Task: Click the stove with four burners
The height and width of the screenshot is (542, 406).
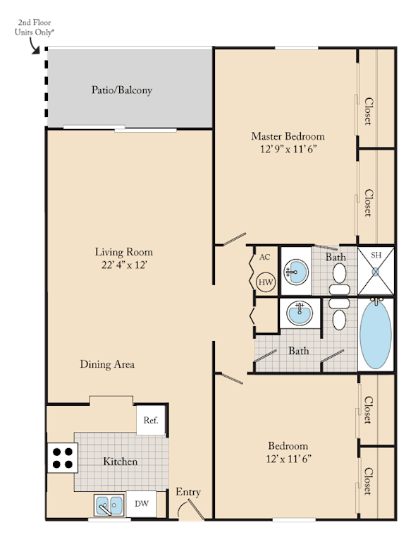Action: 63,457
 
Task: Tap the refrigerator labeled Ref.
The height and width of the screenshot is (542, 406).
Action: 151,420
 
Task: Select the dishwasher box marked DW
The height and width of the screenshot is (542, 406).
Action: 142,504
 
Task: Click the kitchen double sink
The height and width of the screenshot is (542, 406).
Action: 109,505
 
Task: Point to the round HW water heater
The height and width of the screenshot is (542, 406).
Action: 266,282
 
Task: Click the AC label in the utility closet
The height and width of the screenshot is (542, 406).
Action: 265,257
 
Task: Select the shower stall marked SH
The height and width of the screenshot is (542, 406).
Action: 376,271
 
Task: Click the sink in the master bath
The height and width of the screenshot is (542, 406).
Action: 296,272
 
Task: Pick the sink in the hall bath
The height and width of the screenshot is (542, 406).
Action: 300,313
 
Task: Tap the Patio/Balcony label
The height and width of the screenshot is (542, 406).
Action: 122,90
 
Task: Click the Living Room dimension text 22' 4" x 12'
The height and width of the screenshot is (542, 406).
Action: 124,265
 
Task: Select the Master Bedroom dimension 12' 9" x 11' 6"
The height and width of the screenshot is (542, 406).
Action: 288,149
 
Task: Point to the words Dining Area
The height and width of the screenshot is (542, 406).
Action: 107,364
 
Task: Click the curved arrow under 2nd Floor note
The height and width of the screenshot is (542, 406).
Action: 34,47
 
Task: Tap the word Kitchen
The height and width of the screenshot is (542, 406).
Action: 120,462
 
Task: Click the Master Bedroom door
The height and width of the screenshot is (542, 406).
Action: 234,239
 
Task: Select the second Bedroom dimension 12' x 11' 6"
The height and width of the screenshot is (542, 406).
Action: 288,459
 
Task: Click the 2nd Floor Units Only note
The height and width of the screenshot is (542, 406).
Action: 35,28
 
